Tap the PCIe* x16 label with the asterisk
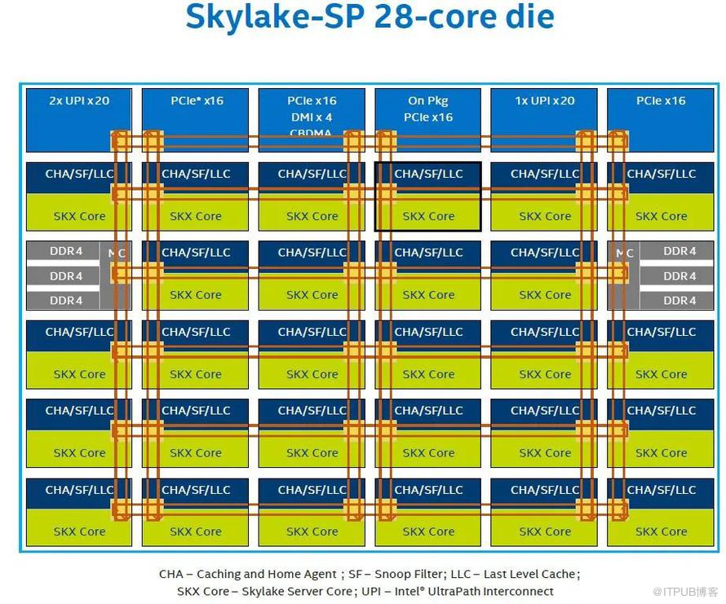pos(197,101)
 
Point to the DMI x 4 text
pos(312,117)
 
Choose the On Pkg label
pos(428,101)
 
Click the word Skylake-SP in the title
pos(274,17)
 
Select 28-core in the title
pos(432,17)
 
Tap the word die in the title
pos(530,17)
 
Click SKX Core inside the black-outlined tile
pos(428,217)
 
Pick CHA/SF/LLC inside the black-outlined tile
pos(428,174)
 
